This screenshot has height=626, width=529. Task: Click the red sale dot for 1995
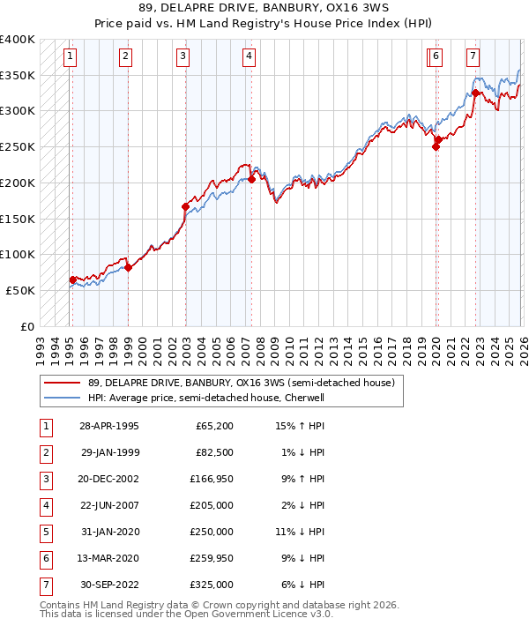point(72,279)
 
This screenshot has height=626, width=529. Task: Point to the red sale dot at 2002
point(185,206)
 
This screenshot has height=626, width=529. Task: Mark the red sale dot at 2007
point(251,179)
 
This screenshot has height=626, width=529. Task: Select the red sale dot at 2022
point(476,93)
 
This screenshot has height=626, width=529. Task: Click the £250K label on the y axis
point(18,147)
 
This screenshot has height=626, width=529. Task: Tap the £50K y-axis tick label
point(21,290)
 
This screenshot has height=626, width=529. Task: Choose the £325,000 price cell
point(214,584)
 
